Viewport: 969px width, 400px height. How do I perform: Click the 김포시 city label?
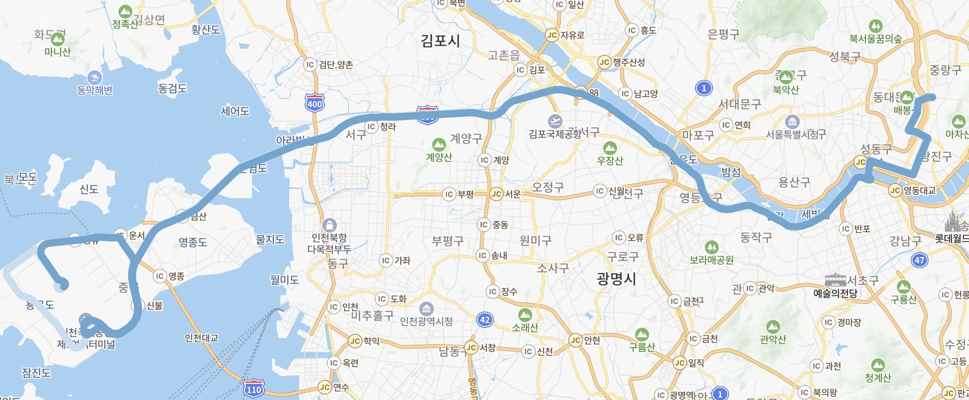[x=440, y=41]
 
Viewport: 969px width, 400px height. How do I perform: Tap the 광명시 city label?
[x=616, y=279]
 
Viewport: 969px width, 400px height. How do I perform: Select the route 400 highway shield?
[x=314, y=103]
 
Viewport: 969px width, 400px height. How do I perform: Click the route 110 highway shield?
[x=254, y=389]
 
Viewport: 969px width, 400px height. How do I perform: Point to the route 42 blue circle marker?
[x=485, y=320]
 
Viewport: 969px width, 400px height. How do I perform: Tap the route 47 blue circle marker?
[x=919, y=260]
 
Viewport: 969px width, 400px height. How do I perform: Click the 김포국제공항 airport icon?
[x=555, y=121]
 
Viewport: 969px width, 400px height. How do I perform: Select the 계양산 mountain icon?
[x=439, y=145]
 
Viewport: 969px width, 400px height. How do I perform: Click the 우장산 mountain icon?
[x=610, y=148]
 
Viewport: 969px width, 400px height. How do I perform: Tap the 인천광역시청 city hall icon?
[x=427, y=309]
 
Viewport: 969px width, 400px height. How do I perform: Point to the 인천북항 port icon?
[x=329, y=225]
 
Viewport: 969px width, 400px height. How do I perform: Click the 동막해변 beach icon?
[x=94, y=77]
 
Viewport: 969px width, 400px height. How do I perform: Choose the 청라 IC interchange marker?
[x=371, y=126]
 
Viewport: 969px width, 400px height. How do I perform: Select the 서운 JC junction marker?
[x=496, y=194]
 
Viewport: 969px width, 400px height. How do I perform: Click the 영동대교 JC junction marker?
[x=895, y=190]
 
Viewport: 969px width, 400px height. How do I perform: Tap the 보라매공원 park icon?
[x=712, y=247]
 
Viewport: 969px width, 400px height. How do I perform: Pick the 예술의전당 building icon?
[x=835, y=280]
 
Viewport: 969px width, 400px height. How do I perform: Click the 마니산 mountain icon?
[x=57, y=39]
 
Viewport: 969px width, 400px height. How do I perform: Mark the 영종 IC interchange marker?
[x=160, y=276]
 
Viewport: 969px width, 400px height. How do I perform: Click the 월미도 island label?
[x=285, y=280]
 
